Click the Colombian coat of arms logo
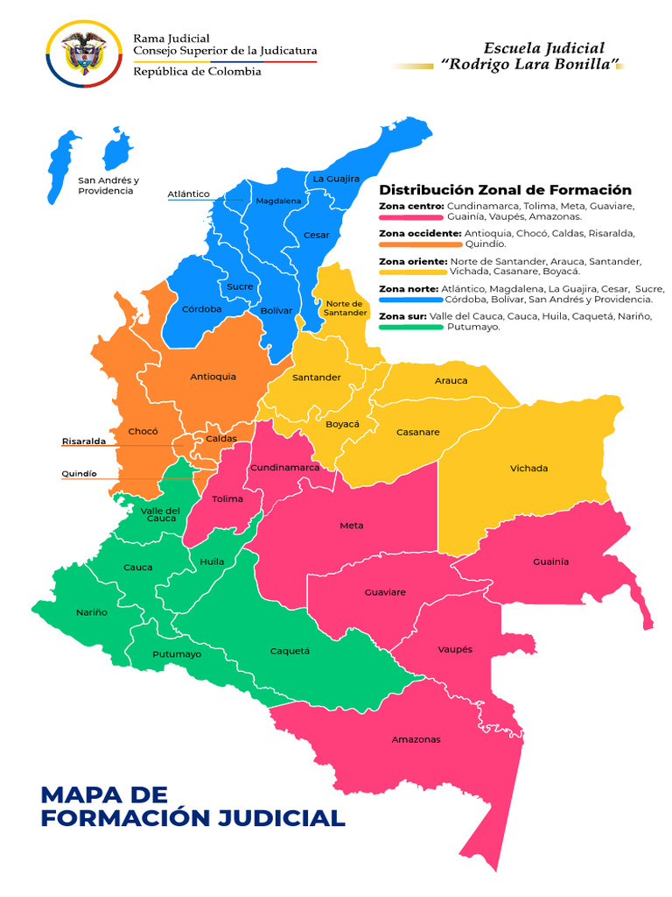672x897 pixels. click(83, 54)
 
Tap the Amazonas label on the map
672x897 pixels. click(416, 739)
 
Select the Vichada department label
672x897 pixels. click(528, 468)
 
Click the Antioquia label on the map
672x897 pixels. click(213, 377)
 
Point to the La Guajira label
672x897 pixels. click(336, 179)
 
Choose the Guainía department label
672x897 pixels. click(550, 561)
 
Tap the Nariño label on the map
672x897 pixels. click(92, 612)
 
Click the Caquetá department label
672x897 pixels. click(290, 651)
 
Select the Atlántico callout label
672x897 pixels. click(188, 194)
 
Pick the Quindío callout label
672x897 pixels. click(79, 474)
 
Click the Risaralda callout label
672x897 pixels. click(83, 441)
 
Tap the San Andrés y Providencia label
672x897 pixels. click(106, 185)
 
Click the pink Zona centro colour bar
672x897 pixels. click(410, 216)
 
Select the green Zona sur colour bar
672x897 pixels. click(410, 328)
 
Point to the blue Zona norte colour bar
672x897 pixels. click(410, 300)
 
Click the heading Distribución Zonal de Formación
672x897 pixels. click(505, 190)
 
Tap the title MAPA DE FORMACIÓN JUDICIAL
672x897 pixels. click(192, 806)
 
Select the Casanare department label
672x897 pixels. click(417, 432)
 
